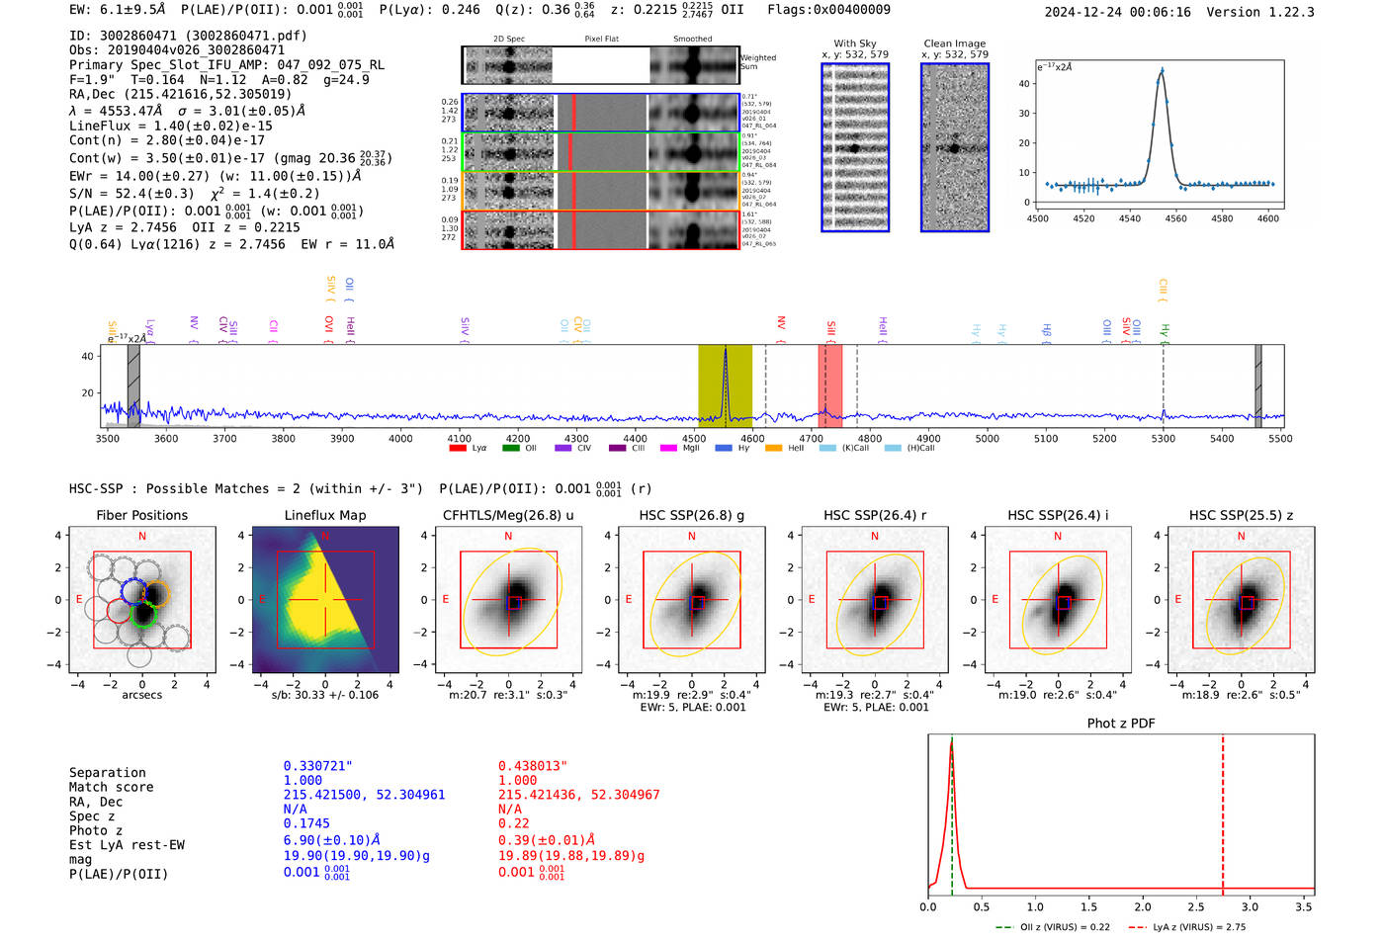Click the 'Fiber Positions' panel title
[x=141, y=515]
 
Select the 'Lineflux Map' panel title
[x=324, y=515]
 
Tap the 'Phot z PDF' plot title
[x=1121, y=724]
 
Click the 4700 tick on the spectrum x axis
[x=812, y=439]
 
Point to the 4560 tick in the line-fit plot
[x=1175, y=218]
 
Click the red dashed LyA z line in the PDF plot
[x=1223, y=811]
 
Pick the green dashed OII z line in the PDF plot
[x=951, y=811]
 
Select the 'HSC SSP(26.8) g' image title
[x=691, y=515]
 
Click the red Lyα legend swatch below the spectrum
[x=458, y=449]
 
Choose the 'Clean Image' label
[x=954, y=43]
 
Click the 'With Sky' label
[x=854, y=43]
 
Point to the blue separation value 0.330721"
[x=317, y=766]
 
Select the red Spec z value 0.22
[x=513, y=823]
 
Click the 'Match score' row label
[x=111, y=788]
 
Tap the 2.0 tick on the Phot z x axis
[x=1143, y=906]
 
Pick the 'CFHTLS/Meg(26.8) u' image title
[x=508, y=515]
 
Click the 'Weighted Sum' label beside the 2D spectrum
[x=757, y=62]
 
